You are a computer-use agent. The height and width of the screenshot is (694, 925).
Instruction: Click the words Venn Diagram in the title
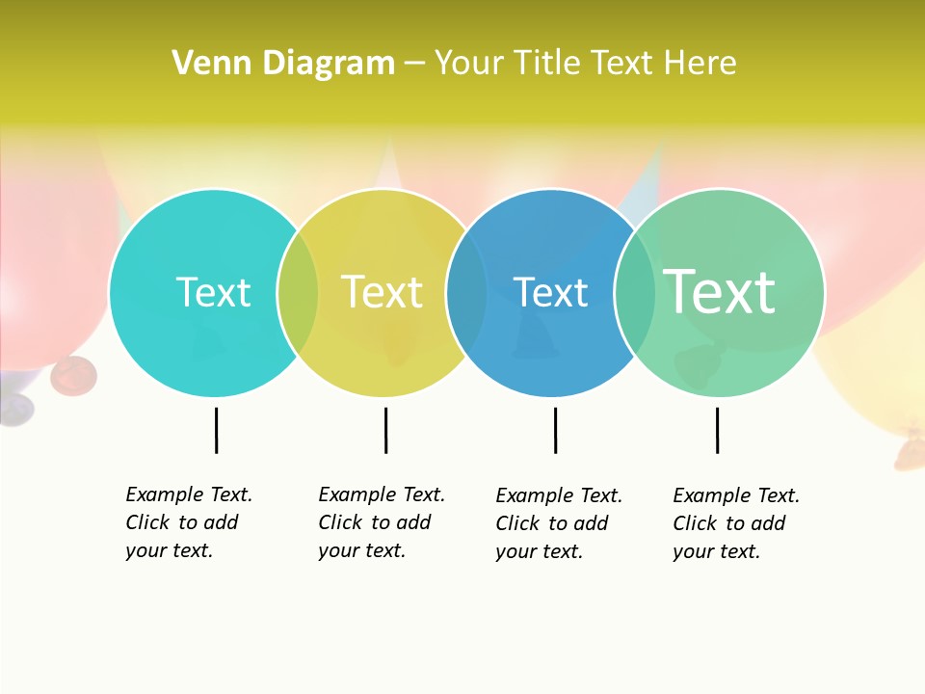283,64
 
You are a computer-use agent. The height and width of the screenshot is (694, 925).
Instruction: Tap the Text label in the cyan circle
213,292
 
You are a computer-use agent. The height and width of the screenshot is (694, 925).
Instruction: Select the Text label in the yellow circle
382,292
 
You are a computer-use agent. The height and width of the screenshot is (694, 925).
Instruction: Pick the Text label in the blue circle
550,292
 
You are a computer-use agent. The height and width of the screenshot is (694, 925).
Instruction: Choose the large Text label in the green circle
720,292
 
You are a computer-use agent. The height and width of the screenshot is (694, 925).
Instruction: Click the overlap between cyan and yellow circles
298,292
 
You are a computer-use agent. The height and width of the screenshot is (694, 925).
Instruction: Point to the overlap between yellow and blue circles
466,292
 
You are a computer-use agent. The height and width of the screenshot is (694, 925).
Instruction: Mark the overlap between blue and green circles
635,292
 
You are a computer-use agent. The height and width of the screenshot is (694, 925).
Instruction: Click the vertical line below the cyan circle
217,430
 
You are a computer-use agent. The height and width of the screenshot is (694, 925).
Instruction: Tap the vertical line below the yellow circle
385,430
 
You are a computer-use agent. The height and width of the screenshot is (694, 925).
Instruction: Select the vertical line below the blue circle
555,430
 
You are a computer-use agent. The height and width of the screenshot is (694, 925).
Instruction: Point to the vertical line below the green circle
717,430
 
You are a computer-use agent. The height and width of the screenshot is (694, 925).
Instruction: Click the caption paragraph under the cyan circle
188,522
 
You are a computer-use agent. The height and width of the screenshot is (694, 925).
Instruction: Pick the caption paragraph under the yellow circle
381,522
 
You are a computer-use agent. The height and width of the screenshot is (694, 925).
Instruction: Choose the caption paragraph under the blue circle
558,523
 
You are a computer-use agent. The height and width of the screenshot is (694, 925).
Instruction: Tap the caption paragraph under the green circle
735,523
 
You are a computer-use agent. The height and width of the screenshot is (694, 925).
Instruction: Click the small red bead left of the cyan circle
73,375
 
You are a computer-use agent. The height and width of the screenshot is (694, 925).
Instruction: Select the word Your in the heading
470,64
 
